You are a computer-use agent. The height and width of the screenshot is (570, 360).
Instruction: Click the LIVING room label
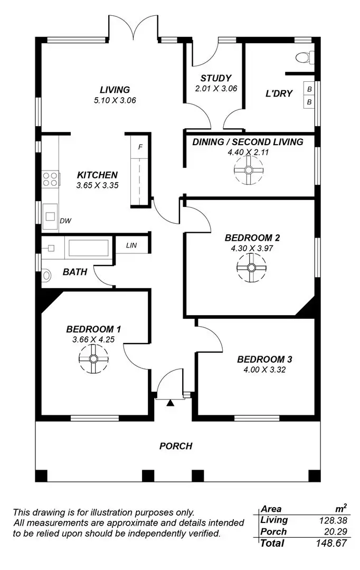tap(115, 90)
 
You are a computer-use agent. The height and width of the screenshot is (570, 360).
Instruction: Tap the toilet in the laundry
tap(304, 56)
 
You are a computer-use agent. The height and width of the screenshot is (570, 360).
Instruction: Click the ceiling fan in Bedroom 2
tap(251, 267)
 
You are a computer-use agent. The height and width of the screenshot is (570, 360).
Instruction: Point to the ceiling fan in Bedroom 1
tap(93, 359)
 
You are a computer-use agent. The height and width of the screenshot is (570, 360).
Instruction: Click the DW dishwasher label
tap(65, 221)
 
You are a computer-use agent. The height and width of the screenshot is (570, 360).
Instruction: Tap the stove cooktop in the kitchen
tap(50, 179)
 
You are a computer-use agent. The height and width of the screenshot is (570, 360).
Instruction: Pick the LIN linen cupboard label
tap(131, 245)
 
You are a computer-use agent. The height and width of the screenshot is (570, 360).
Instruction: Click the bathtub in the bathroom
tap(88, 247)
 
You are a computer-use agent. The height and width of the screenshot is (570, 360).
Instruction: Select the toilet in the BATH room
tap(46, 274)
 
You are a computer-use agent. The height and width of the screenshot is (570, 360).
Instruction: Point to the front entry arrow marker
tap(170, 404)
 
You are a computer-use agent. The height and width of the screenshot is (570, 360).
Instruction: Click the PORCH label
tap(176, 446)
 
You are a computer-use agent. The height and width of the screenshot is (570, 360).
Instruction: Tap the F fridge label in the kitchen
tap(140, 147)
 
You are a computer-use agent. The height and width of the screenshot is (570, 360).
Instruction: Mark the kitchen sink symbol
tap(51, 216)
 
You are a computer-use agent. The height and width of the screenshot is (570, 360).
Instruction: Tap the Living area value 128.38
tap(331, 520)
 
